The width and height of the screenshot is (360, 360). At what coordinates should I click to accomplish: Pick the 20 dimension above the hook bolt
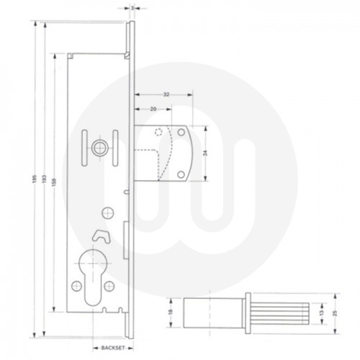[153, 109]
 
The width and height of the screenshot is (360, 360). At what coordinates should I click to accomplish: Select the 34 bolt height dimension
[209, 153]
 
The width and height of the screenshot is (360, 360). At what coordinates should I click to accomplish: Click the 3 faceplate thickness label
[135, 8]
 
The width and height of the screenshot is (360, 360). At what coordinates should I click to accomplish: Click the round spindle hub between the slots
[97, 148]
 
